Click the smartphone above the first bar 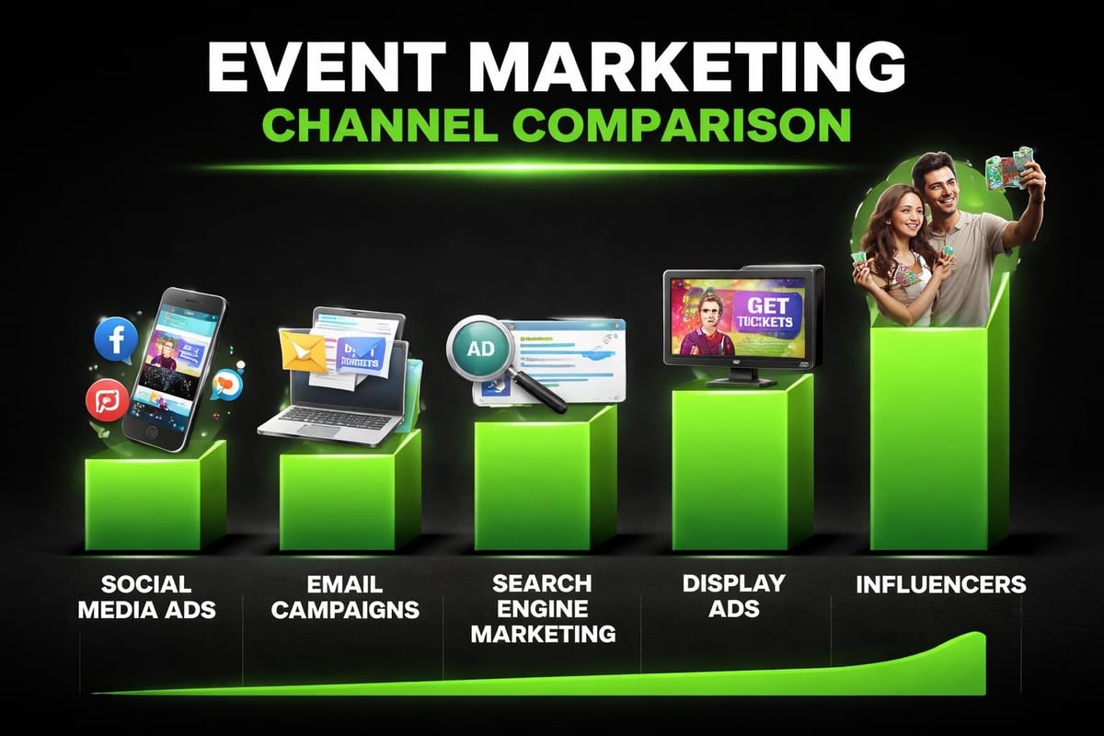click(176, 368)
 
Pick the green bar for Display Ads click(731, 469)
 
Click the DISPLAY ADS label click(732, 594)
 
